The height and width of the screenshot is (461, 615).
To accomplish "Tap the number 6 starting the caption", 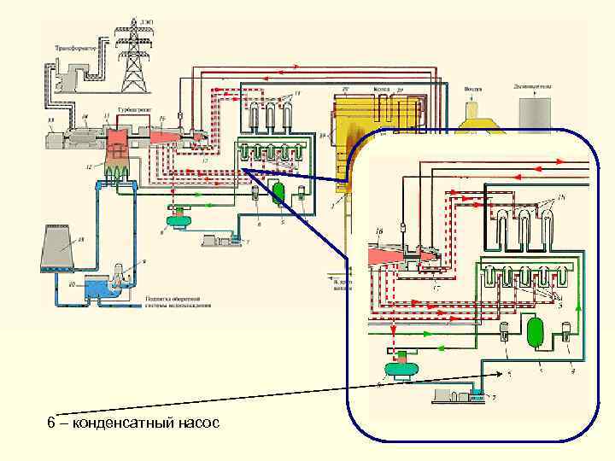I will point(51,423).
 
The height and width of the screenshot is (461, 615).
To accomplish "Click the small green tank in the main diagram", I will point(278,193).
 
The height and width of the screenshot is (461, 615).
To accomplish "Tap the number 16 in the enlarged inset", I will point(378,230).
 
